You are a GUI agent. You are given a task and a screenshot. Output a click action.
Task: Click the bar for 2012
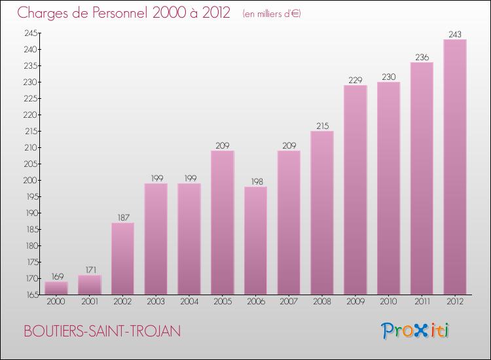pos(455,167)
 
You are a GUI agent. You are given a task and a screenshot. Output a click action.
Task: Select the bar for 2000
pos(56,288)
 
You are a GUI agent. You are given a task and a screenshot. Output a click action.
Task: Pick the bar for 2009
pos(355,190)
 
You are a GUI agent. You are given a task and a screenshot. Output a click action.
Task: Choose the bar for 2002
pos(122,259)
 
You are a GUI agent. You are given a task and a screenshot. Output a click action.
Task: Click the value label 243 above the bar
pos(455,34)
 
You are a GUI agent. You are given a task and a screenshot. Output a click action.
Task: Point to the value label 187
pos(122,217)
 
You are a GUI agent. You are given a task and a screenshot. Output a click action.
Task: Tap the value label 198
pos(255,181)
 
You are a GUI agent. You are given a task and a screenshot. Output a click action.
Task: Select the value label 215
pos(322,126)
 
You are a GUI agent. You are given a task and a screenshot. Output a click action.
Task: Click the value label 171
pos(89,270)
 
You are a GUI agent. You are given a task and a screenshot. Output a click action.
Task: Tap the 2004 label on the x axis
pos(189,302)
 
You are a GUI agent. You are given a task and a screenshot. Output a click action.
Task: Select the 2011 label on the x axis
pos(422,302)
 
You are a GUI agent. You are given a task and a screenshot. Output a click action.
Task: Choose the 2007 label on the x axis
pos(289,302)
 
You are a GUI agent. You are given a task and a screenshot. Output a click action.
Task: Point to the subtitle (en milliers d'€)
pos(271,14)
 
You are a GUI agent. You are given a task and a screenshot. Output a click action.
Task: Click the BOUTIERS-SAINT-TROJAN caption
pos(102,331)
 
